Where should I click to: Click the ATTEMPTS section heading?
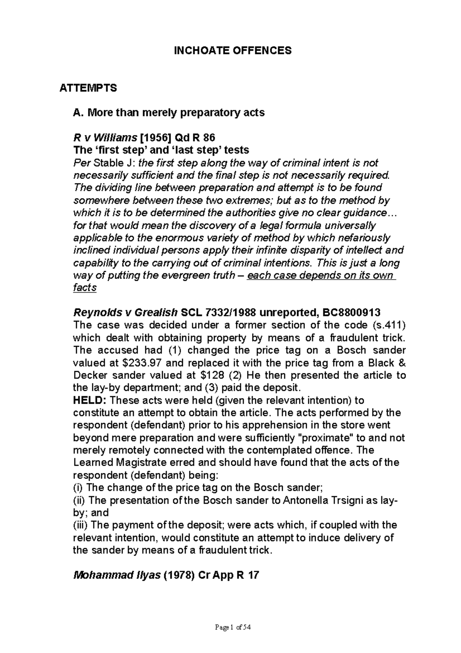pos(88,88)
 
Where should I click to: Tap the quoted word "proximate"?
pos(318,438)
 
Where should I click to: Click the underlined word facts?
pos(85,288)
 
